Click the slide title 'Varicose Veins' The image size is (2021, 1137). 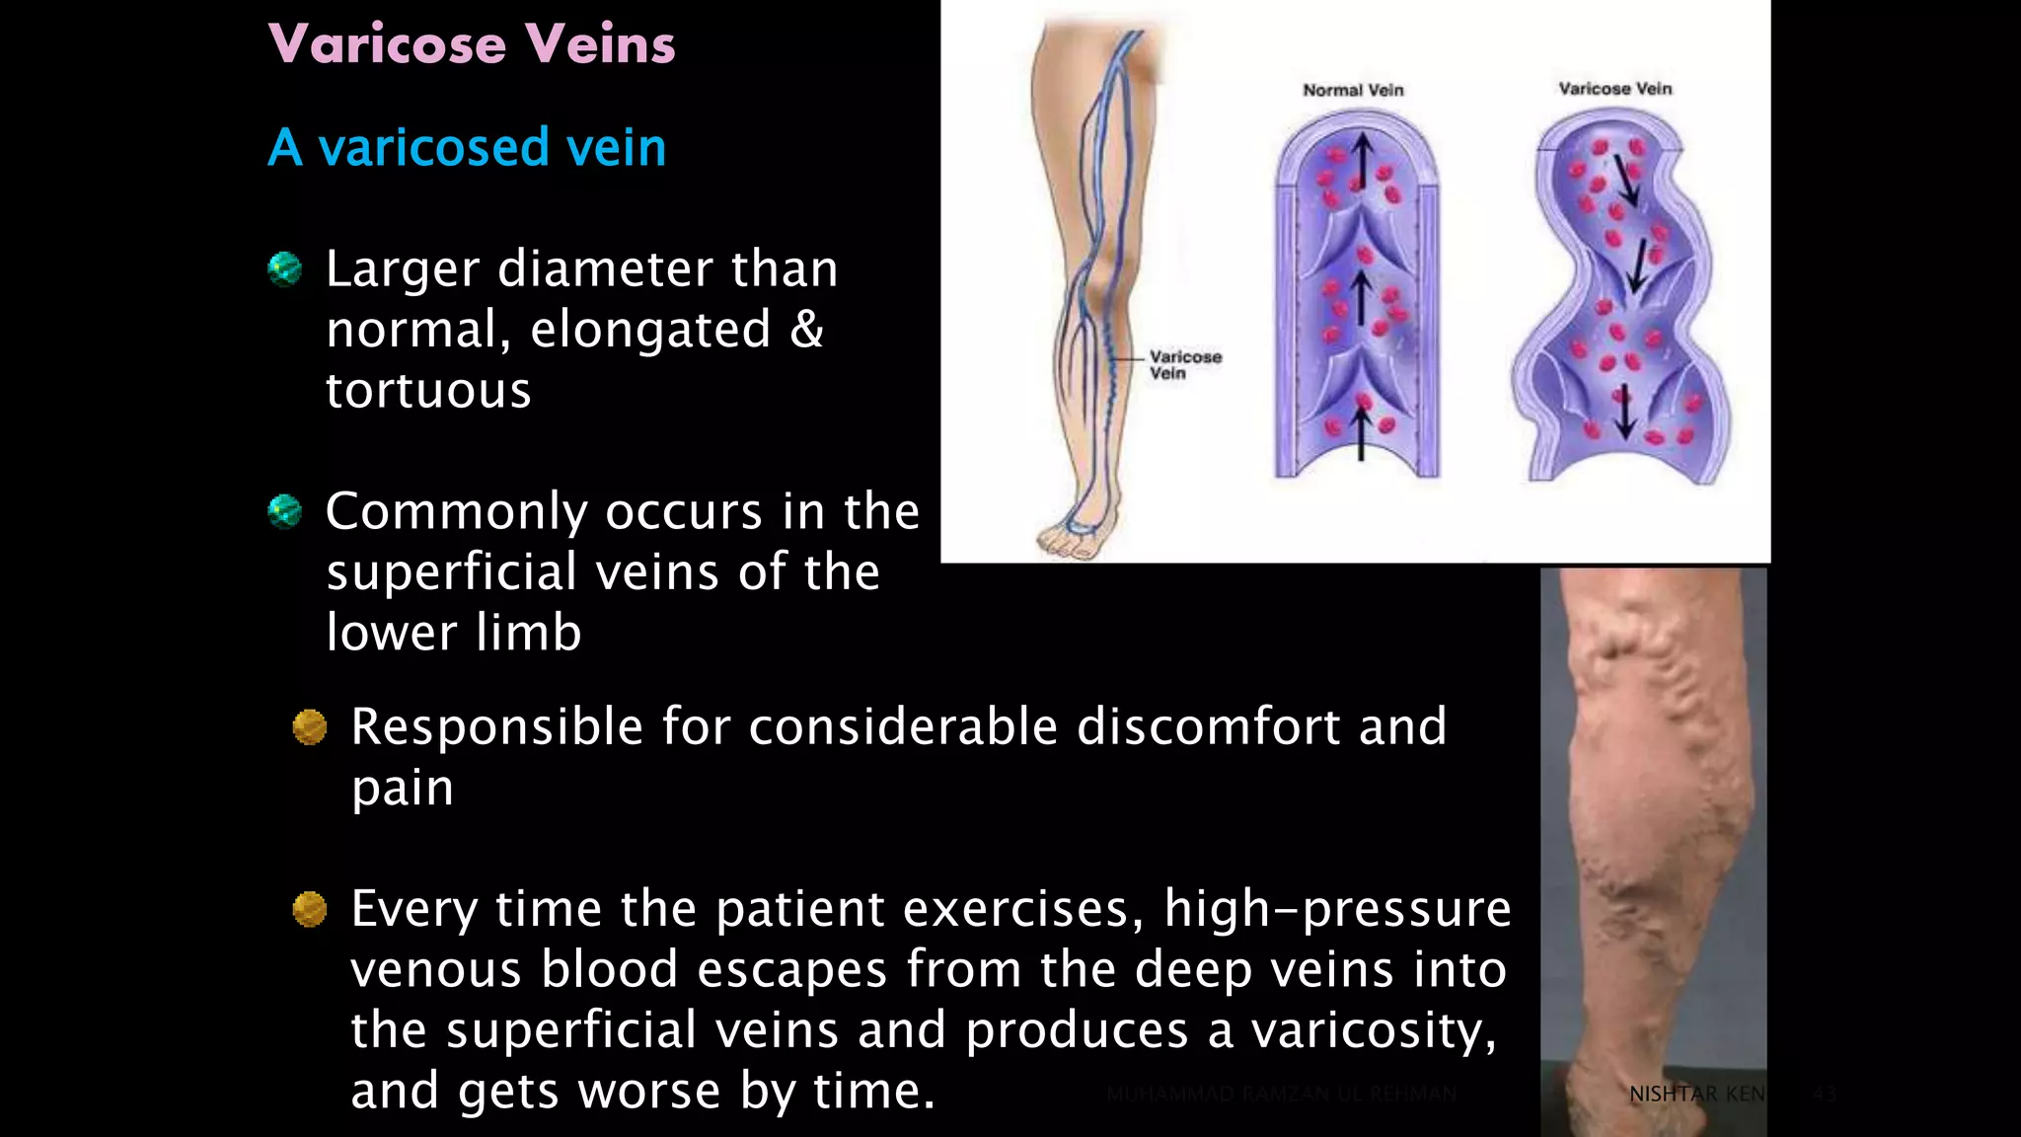[x=472, y=44]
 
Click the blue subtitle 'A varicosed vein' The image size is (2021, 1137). [x=467, y=148]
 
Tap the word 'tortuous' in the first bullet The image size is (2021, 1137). [x=428, y=391]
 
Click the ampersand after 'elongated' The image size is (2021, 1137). [x=806, y=329]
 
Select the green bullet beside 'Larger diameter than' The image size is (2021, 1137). [x=285, y=268]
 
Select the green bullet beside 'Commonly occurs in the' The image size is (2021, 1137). [x=285, y=511]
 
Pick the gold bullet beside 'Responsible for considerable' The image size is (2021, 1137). [x=310, y=727]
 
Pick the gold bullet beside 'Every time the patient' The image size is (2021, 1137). [x=310, y=909]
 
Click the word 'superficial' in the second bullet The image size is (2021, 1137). [x=451, y=572]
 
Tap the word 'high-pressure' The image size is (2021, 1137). [x=1337, y=909]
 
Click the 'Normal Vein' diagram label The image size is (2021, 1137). [x=1353, y=90]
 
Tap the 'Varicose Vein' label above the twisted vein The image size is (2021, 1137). [x=1615, y=89]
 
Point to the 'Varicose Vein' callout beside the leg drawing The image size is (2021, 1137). [x=1185, y=364]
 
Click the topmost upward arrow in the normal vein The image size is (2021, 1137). [x=1362, y=158]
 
